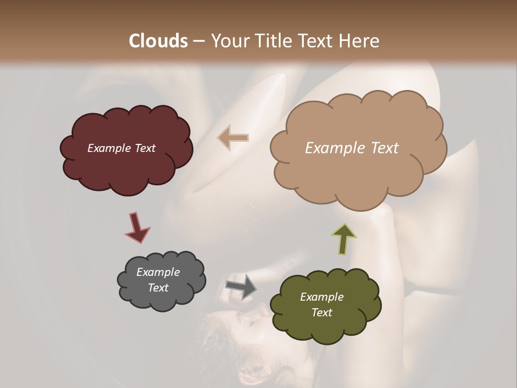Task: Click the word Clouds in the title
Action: [158, 41]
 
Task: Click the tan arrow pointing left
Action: [233, 138]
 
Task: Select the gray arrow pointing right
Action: [241, 286]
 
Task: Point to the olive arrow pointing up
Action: [345, 239]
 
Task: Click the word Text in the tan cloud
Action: [385, 148]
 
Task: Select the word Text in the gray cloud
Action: [158, 288]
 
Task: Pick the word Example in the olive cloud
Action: [322, 297]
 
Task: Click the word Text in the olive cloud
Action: [322, 313]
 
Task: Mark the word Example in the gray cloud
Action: [158, 272]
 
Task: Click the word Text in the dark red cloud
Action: [144, 148]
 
